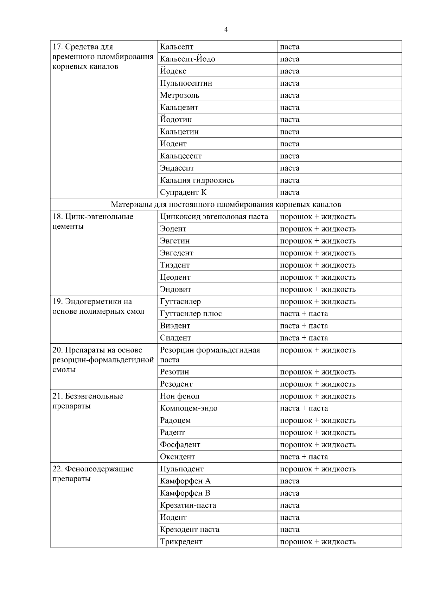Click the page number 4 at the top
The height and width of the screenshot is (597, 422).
click(226, 30)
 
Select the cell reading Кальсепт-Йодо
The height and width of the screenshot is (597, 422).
click(187, 59)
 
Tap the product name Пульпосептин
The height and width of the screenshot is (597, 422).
click(186, 83)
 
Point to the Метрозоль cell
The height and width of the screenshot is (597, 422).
click(180, 95)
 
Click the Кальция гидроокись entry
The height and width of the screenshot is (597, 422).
click(197, 180)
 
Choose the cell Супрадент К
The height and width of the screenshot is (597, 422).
click(183, 192)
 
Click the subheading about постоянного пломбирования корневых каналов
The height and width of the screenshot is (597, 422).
click(226, 204)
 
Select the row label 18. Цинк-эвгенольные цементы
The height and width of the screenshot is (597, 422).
click(93, 221)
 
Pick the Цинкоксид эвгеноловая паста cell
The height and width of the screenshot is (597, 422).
click(214, 217)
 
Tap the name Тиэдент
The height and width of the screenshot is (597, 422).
click(175, 265)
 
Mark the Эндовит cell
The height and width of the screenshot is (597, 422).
click(175, 290)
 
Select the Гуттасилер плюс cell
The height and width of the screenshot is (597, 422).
click(191, 314)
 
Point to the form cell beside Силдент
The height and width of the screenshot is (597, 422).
click(304, 338)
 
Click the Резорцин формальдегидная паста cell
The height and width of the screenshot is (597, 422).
click(210, 355)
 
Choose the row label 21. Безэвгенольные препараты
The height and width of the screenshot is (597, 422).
click(88, 401)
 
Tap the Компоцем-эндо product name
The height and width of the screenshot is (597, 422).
click(188, 408)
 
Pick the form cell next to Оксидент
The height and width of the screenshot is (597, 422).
click(304, 457)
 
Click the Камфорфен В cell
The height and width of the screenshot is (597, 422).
click(185, 493)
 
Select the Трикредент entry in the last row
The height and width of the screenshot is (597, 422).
click(181, 542)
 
